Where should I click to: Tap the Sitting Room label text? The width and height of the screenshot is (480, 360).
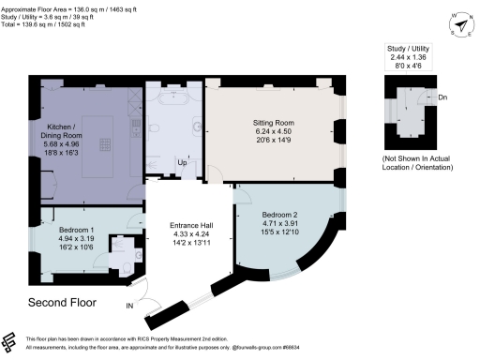click(x=272, y=122)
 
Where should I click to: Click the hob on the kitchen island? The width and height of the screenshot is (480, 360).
click(x=106, y=144)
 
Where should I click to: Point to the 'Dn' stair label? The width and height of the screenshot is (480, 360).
click(x=441, y=97)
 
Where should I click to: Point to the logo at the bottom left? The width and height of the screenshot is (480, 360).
click(x=12, y=342)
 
